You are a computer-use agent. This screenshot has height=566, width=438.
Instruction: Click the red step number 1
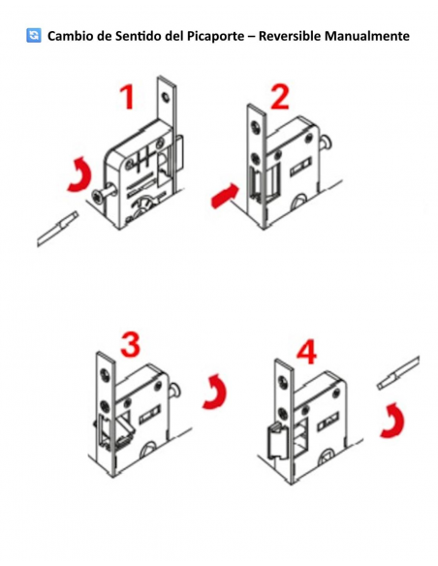(x=126, y=98)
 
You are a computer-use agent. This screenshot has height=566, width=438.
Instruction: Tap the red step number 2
(x=279, y=97)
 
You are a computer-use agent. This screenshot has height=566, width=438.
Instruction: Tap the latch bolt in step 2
(x=259, y=181)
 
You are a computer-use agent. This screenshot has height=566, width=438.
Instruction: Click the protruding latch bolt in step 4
(x=272, y=443)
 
